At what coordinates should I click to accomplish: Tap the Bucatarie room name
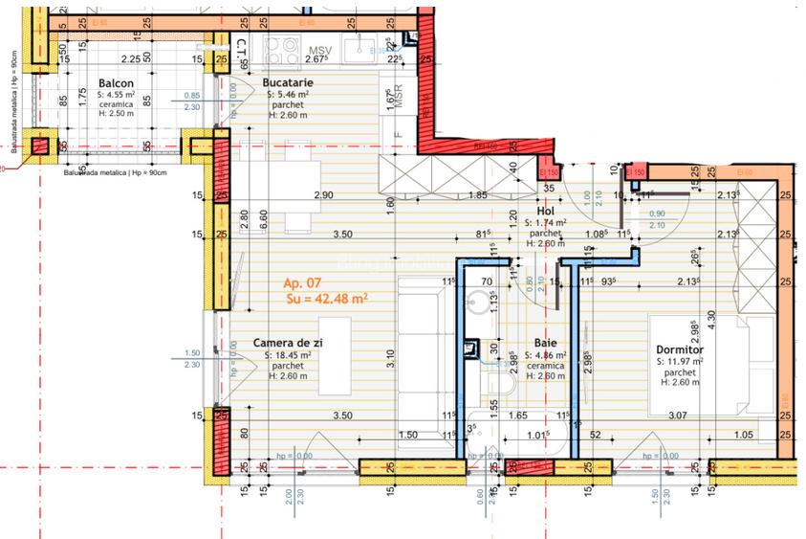289,84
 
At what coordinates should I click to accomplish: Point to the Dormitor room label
678,350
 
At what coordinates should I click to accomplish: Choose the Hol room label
546,211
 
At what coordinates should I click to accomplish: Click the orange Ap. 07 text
304,283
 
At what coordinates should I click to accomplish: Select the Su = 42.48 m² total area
327,298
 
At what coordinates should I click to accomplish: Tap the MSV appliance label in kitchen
319,51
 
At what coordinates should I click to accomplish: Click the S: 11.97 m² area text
680,363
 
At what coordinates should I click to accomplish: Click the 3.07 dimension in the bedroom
677,415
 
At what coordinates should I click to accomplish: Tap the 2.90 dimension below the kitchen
323,195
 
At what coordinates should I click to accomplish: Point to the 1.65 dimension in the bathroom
517,415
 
